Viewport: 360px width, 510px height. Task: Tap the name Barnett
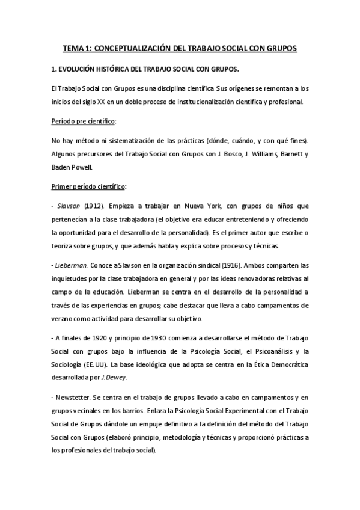288,154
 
